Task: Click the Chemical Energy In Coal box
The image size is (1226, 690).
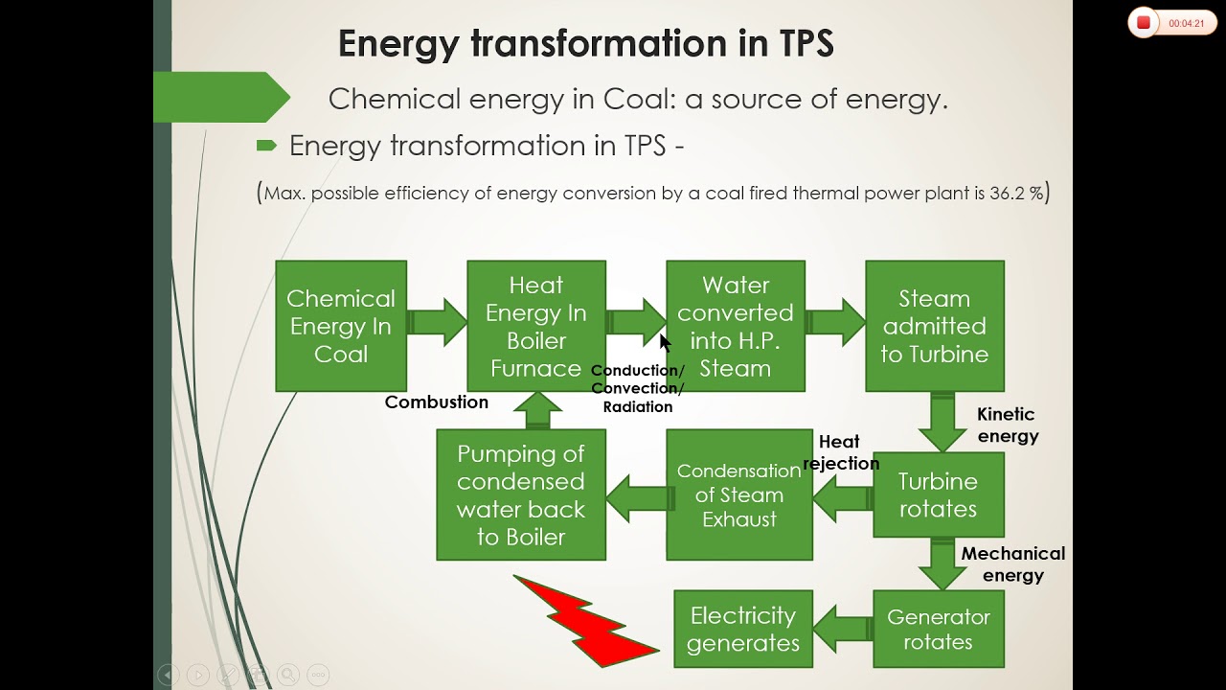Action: [x=341, y=326]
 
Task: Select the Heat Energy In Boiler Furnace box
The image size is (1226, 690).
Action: [x=536, y=326]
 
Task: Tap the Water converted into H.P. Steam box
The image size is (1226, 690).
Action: [x=736, y=326]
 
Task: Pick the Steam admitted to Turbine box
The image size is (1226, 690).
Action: [x=935, y=326]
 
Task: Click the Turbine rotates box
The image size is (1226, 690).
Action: [x=939, y=494]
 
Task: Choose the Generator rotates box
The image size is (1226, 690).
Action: [x=939, y=629]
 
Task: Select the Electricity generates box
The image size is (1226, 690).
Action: [x=743, y=629]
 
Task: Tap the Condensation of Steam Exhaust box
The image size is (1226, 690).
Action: [x=739, y=494]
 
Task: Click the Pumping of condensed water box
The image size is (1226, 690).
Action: [x=521, y=494]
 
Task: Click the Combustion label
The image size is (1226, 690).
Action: [x=436, y=402]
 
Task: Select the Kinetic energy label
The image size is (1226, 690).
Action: [x=1008, y=425]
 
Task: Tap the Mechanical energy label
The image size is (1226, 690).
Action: [x=1013, y=564]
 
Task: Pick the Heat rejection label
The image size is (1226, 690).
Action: [x=841, y=452]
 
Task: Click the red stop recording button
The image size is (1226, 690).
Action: [x=1144, y=22]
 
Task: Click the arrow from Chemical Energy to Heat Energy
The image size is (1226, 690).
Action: [x=437, y=322]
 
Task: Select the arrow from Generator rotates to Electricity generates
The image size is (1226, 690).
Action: [x=843, y=629]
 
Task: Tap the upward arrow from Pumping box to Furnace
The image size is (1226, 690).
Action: [x=537, y=410]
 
